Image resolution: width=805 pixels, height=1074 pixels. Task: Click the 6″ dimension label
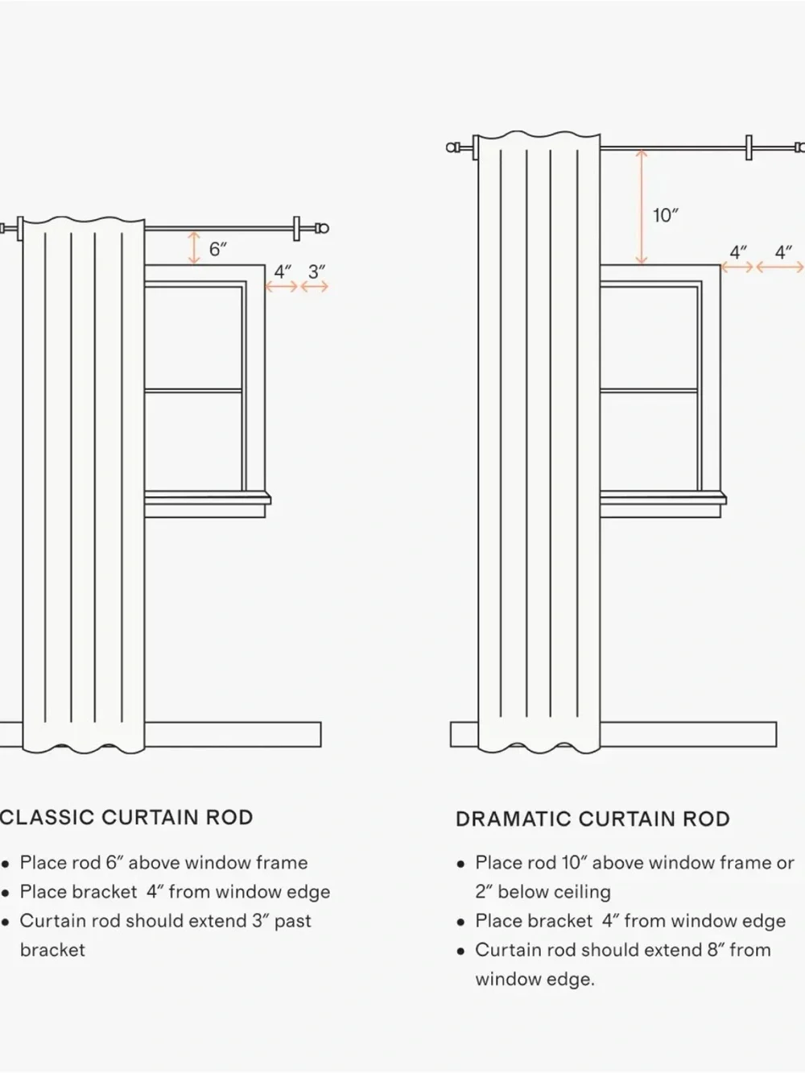(218, 249)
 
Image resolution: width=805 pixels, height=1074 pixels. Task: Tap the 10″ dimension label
(666, 215)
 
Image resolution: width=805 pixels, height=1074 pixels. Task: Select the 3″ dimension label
(316, 272)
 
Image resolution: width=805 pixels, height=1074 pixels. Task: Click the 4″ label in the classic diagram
(283, 272)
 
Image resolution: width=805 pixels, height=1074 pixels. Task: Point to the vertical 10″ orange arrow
(642, 207)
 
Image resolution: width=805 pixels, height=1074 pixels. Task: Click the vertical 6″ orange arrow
(195, 248)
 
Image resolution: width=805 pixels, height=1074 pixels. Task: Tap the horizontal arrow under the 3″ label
(314, 287)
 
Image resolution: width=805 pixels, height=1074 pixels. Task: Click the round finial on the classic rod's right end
(322, 228)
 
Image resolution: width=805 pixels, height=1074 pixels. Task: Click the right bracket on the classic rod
(296, 229)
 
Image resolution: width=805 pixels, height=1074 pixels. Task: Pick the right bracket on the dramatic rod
(749, 147)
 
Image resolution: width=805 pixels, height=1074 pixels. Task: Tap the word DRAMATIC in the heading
(514, 819)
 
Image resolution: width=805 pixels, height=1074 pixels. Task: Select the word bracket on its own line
(53, 950)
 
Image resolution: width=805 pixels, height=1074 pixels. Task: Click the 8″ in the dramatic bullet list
(716, 950)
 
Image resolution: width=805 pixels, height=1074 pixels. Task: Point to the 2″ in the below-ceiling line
(483, 891)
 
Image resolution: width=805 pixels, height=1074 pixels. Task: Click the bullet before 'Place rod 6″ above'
(6, 864)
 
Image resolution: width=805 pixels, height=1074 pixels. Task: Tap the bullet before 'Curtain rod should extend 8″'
(460, 952)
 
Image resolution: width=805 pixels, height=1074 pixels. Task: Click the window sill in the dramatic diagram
(663, 499)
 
